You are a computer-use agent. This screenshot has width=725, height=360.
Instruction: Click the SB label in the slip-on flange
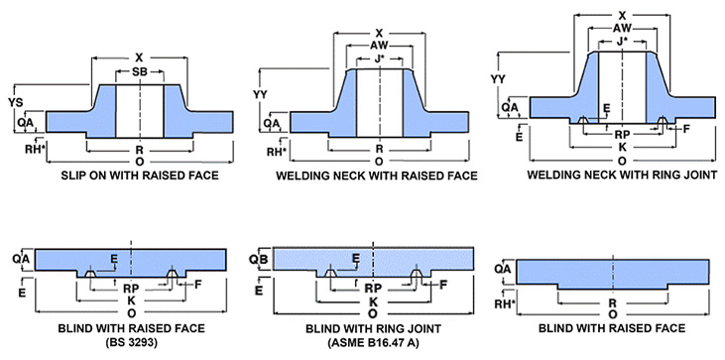click(140, 73)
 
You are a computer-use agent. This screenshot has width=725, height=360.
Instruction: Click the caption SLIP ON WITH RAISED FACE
click(140, 176)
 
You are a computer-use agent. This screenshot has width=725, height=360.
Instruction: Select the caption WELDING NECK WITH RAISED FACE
click(379, 176)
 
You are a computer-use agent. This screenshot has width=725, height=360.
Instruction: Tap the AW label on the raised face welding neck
click(379, 45)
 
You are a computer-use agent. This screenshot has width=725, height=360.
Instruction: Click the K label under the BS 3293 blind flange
click(131, 300)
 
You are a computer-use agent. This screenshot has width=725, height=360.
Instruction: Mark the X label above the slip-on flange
click(140, 58)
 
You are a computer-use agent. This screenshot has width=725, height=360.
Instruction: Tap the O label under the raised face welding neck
click(379, 162)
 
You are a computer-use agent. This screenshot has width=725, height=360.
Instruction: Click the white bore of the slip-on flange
click(140, 109)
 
